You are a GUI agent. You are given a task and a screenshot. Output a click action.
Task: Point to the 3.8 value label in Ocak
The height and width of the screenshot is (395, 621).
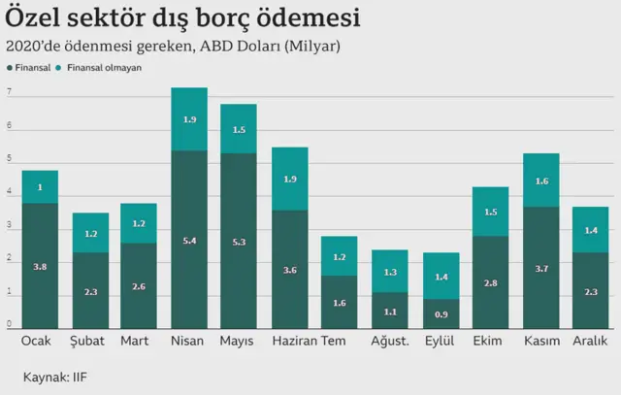click(40, 267)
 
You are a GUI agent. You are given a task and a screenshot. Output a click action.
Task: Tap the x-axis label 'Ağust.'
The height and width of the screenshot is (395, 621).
click(390, 342)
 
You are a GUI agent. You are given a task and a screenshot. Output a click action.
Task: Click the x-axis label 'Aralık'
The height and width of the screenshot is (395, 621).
click(590, 342)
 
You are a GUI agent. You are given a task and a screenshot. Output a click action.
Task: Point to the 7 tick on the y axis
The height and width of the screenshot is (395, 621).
click(9, 94)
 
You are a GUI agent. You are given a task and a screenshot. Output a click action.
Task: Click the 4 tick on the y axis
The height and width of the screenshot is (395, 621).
click(9, 193)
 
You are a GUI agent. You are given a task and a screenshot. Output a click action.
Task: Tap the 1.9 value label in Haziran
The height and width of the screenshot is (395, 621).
click(289, 179)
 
